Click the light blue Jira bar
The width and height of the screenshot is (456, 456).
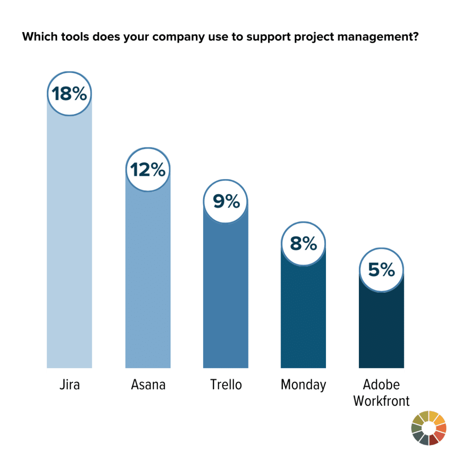pos(69,240)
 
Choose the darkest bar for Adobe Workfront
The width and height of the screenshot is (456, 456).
pos(381,330)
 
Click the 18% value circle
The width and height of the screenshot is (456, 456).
pos(69,94)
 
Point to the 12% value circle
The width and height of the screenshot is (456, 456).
pos(148,170)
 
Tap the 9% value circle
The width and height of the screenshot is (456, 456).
pos(226,202)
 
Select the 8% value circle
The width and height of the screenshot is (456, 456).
pos(303,244)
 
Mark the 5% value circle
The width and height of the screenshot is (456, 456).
pos(381,270)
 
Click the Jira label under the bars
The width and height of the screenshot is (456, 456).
pos(69,385)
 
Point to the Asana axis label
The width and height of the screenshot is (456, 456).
pos(148,385)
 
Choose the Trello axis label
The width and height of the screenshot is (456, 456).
pos(226,385)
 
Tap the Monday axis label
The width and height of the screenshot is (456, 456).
pos(303,385)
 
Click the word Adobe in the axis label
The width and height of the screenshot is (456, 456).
pos(381,385)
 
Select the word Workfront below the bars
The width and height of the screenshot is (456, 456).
pos(381,400)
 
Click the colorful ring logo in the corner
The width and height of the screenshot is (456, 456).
pos(429,428)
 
